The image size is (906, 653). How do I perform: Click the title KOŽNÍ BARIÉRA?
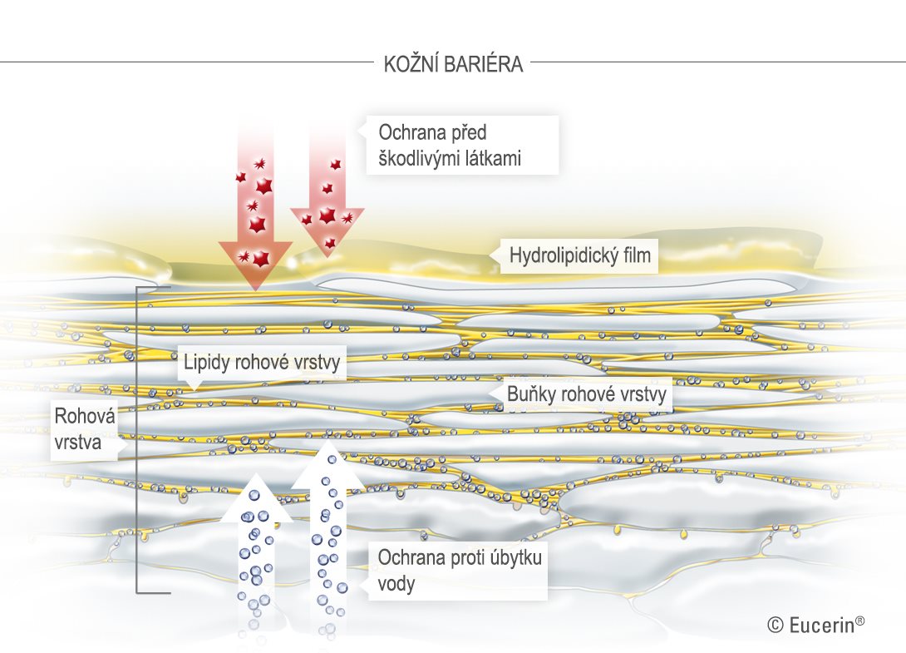click(x=454, y=63)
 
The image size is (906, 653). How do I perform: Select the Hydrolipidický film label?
click(x=580, y=255)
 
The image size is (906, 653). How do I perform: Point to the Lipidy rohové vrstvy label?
click(x=262, y=363)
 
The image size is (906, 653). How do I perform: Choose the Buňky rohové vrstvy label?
click(x=587, y=394)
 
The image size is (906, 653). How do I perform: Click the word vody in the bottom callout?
click(x=396, y=584)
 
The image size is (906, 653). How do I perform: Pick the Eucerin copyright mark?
click(x=816, y=624)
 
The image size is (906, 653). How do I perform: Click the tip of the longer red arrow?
click(x=255, y=289)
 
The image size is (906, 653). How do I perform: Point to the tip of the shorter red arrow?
click(x=327, y=257)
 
